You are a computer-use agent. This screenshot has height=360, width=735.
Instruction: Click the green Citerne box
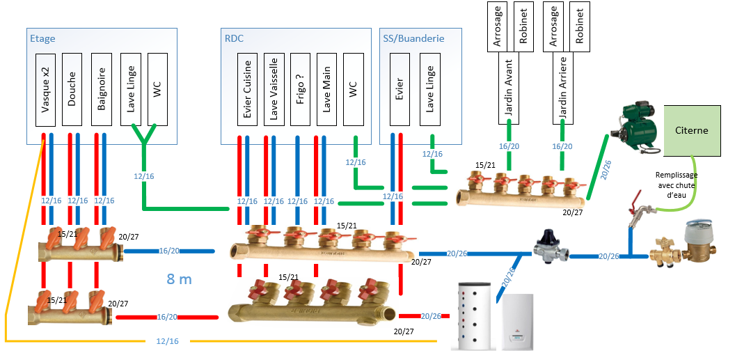(x=691, y=130)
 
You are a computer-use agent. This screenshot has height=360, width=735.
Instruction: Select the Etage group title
(x=43, y=39)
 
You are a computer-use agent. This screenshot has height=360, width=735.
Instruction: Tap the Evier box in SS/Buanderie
(x=399, y=90)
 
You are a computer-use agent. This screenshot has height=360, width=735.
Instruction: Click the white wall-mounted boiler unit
(x=519, y=322)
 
